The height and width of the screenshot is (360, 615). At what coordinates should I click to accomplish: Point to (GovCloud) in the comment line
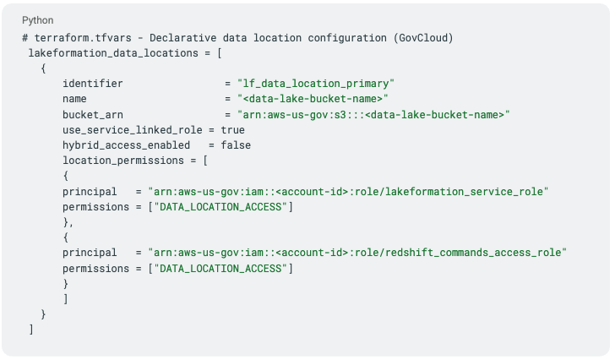425,38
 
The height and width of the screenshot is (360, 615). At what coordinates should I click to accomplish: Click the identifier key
93,84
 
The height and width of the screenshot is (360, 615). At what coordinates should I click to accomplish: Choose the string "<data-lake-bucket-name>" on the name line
307,99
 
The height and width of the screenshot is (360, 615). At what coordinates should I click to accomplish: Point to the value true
232,130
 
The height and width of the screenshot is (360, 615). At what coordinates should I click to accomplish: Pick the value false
236,145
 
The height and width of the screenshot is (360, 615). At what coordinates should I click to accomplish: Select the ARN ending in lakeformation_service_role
348,192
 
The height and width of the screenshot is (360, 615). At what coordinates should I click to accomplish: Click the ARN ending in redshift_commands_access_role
356,253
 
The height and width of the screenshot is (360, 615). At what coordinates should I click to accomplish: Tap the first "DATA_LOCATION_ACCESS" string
220,207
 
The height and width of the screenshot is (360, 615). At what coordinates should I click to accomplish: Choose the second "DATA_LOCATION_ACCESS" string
220,268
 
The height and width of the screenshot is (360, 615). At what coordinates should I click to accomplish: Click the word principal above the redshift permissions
90,253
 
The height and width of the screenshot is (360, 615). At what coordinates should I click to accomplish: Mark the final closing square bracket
31,330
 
